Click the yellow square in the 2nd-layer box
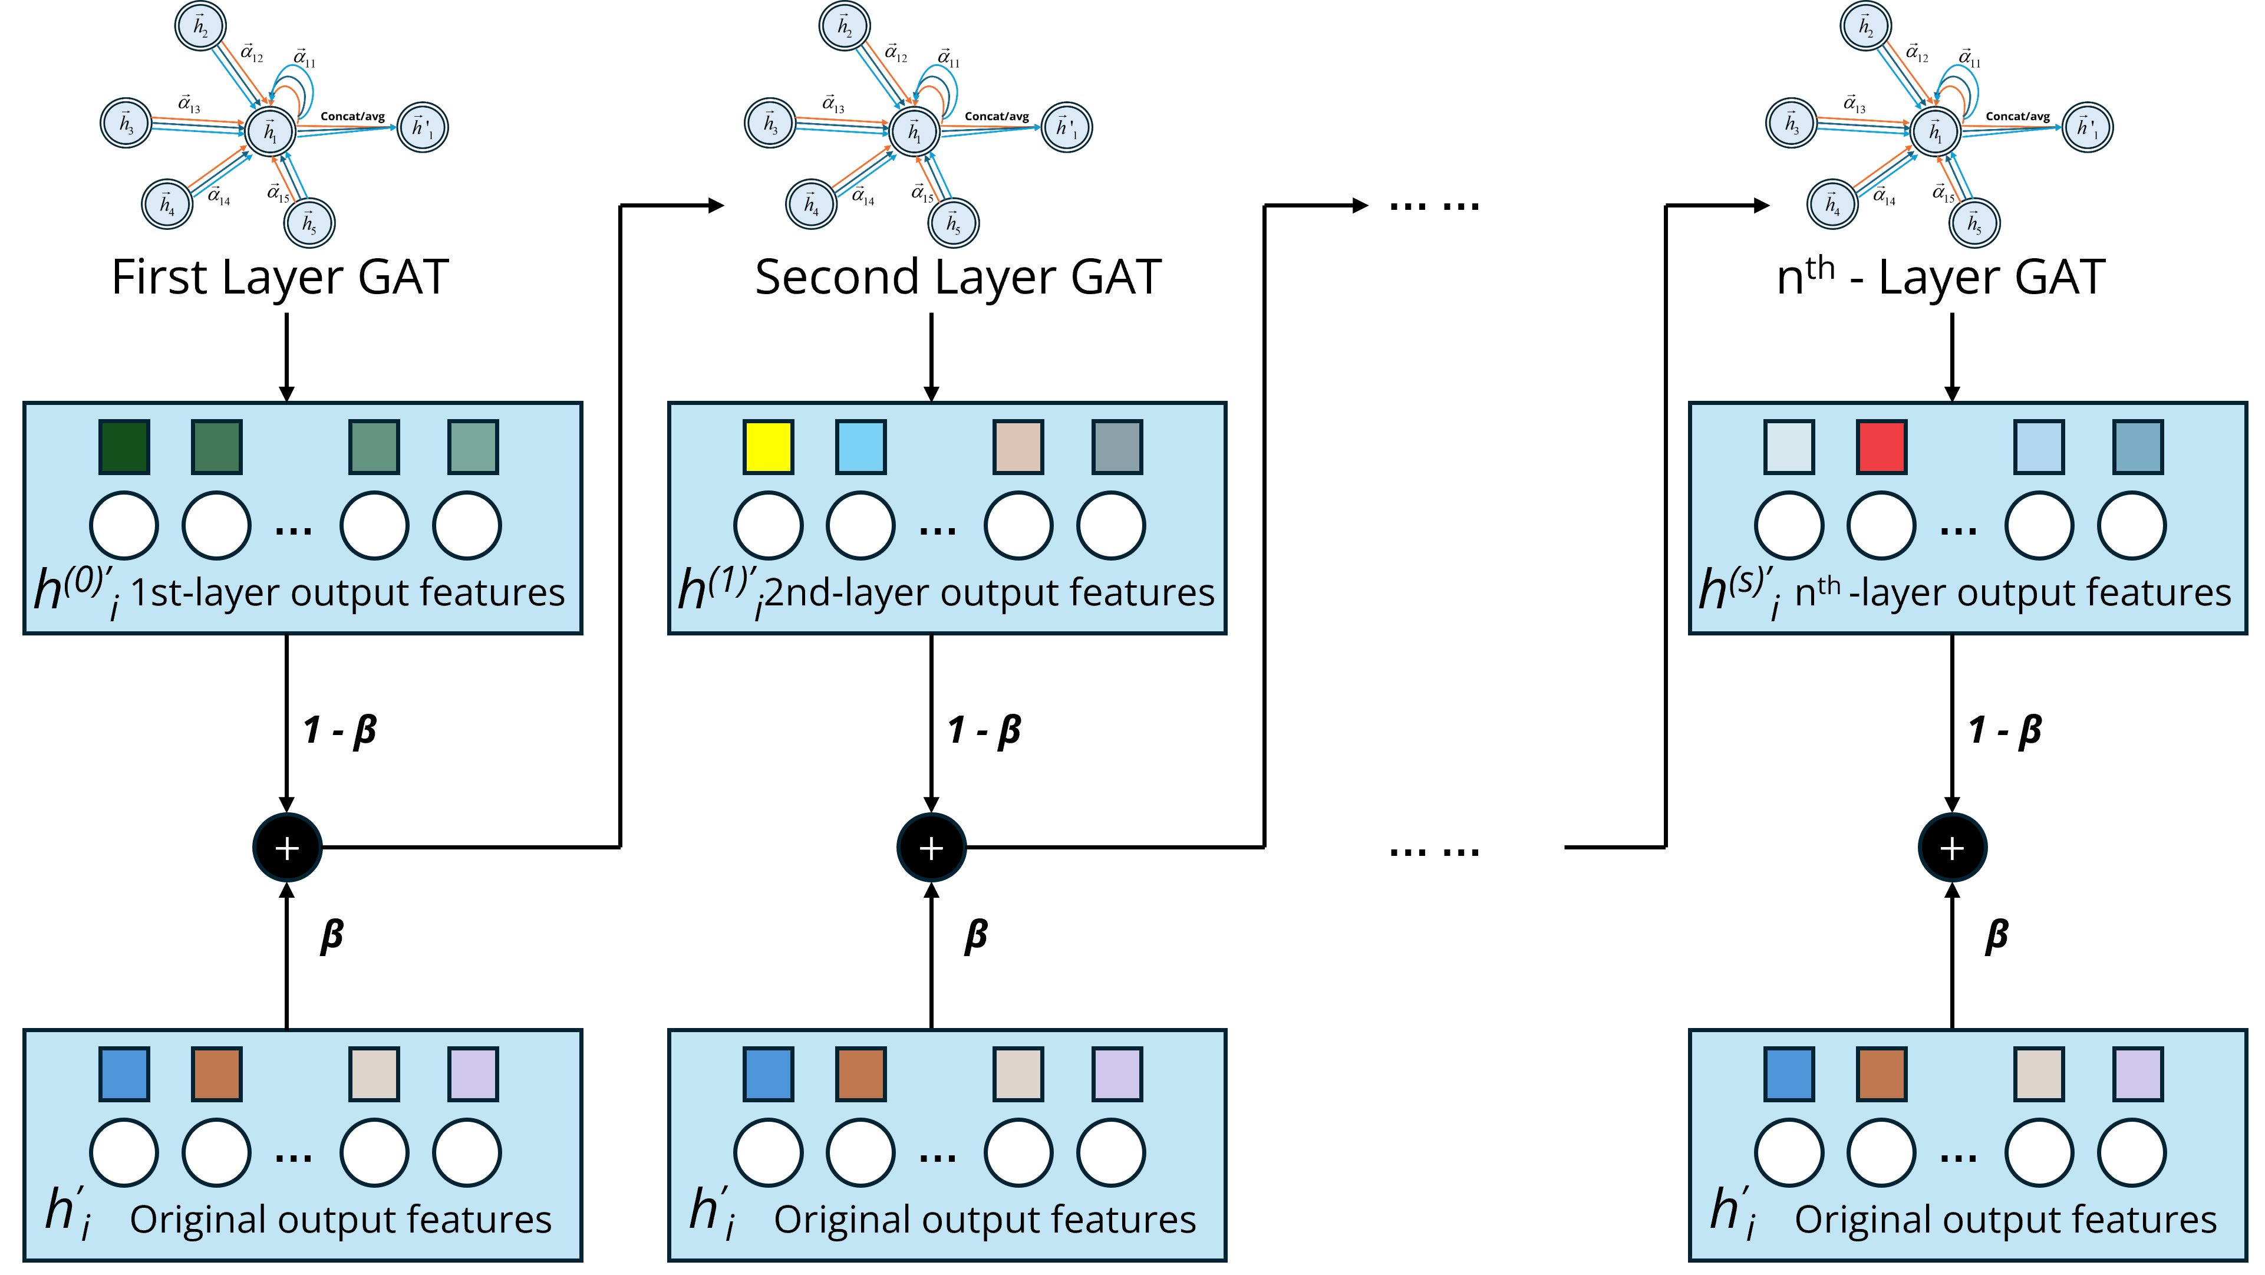coord(767,447)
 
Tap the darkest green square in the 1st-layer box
coord(124,447)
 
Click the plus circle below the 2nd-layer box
coord(931,848)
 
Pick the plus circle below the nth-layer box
coord(1952,848)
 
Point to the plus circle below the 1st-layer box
coord(288,848)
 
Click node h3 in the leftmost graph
coord(127,123)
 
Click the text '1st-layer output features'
coord(347,592)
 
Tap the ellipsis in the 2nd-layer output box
coord(937,529)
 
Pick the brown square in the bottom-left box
coord(216,1073)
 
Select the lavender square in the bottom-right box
coord(2138,1073)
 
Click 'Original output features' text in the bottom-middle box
coord(985,1220)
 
